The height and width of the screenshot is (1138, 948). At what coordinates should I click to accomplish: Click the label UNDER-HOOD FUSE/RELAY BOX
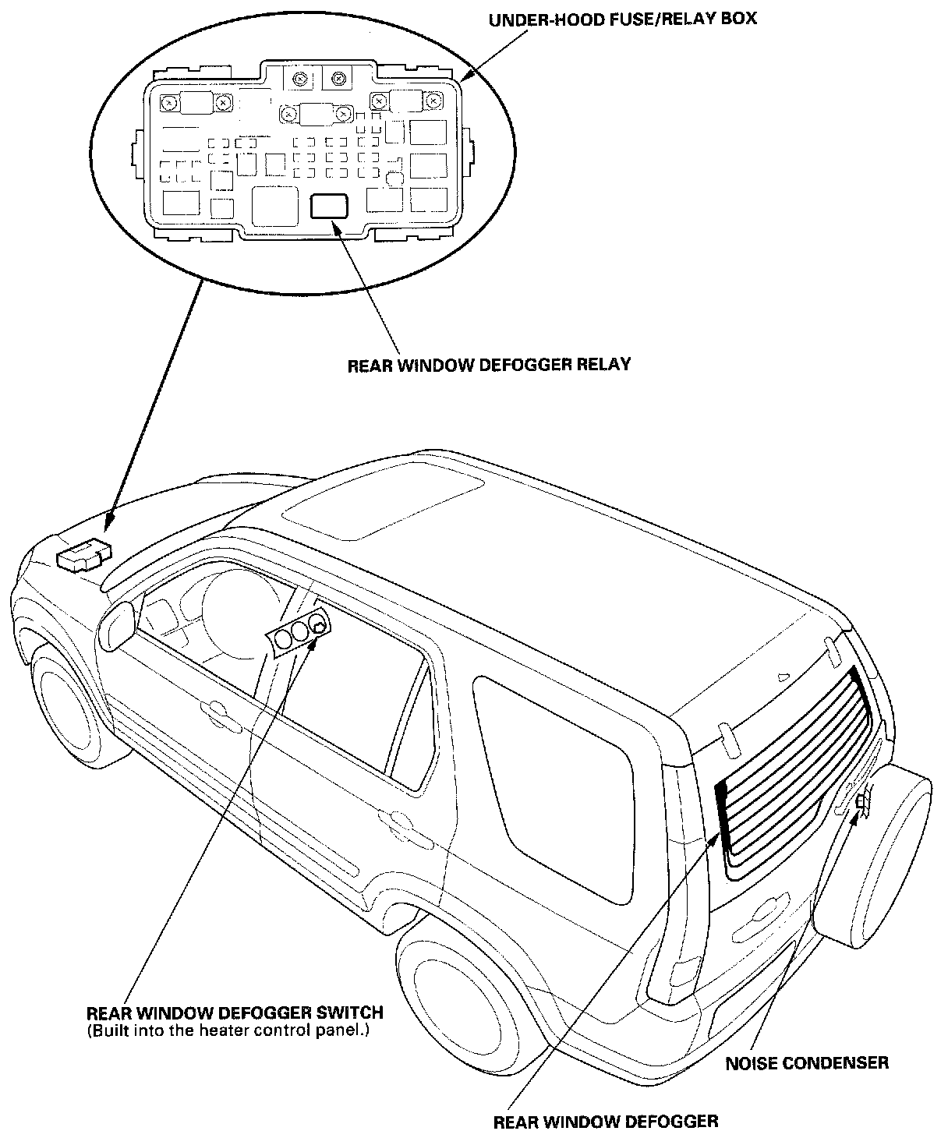click(x=622, y=18)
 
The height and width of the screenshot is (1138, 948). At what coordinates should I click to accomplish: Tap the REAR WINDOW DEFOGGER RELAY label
click(x=489, y=364)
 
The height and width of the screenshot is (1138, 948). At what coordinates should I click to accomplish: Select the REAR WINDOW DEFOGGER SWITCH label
click(x=235, y=1013)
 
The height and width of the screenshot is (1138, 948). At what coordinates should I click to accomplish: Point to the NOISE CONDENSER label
click(x=807, y=1062)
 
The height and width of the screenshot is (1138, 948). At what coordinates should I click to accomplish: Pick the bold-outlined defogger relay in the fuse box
click(x=329, y=206)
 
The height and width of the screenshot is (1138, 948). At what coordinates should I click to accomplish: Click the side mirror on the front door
click(x=119, y=624)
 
